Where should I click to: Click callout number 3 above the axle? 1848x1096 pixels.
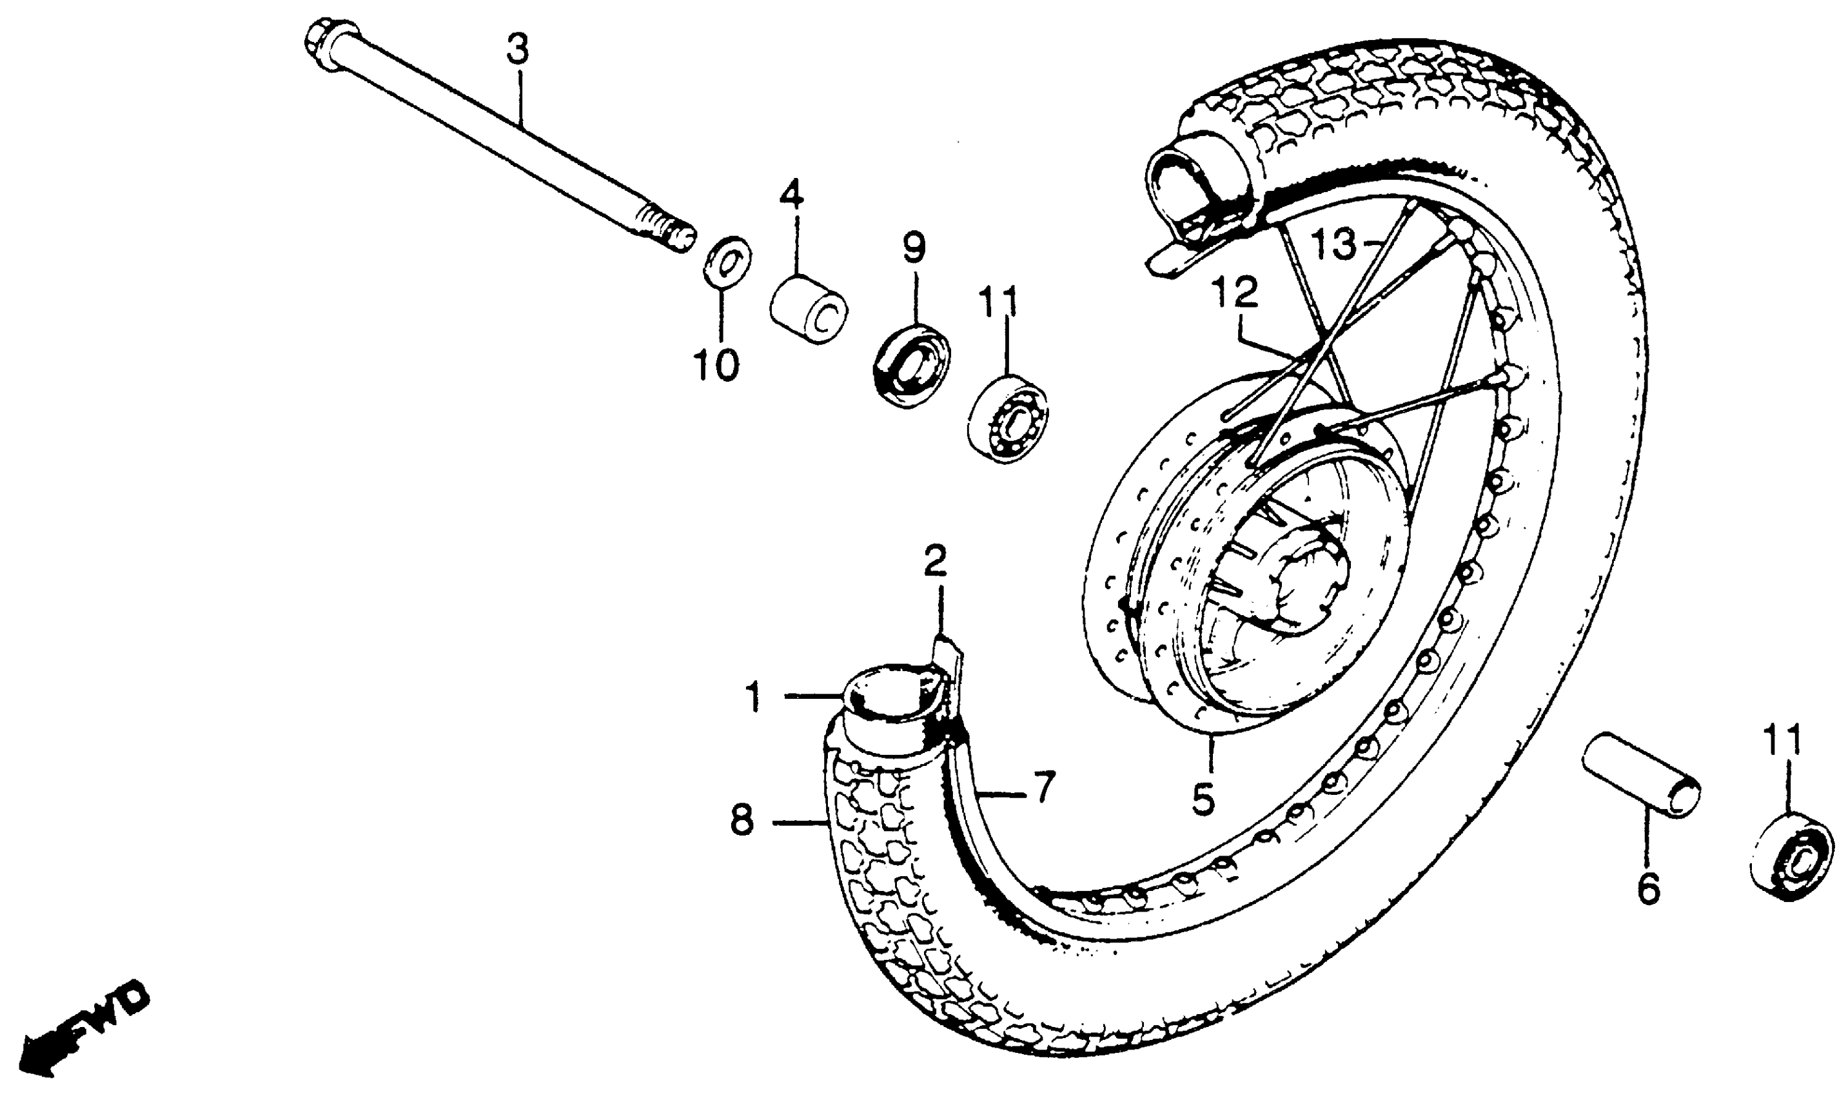click(x=518, y=50)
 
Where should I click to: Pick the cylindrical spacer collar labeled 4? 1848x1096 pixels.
click(x=808, y=309)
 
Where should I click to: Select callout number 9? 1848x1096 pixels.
click(x=914, y=248)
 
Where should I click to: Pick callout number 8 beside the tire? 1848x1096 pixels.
click(x=742, y=821)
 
